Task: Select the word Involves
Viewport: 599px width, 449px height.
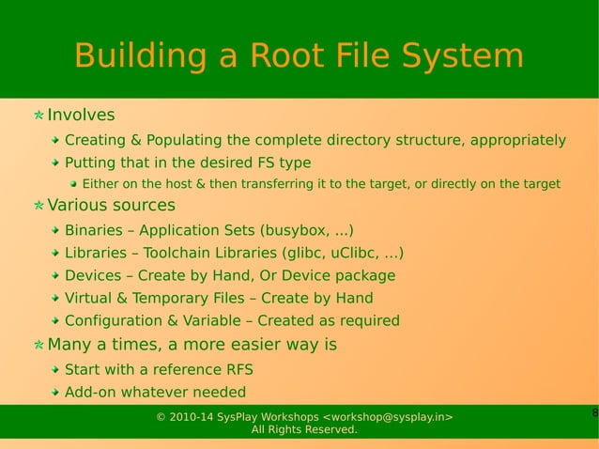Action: point(81,116)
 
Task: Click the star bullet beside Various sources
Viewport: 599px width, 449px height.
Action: point(38,206)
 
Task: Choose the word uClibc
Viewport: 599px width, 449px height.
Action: point(352,253)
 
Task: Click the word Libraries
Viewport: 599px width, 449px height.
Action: point(98,253)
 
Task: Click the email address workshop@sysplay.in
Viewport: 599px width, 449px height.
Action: point(388,416)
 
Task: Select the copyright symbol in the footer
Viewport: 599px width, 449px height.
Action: point(161,416)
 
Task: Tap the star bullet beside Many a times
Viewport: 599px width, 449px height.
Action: point(38,345)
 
